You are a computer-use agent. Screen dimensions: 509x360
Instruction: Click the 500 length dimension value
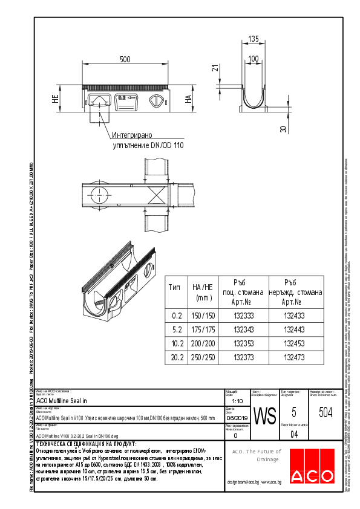[x=125, y=60]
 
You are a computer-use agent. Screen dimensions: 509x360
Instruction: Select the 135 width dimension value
[x=254, y=39]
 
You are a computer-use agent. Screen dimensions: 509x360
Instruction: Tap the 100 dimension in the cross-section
[x=254, y=59]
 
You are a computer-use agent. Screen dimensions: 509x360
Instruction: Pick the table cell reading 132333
[x=238, y=316]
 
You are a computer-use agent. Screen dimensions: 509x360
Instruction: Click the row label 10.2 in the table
[x=176, y=343]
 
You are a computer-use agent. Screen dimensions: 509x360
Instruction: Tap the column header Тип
[x=174, y=287]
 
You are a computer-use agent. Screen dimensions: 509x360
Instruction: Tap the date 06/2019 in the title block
[x=235, y=418]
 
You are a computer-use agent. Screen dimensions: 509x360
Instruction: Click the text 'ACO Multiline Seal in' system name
[x=62, y=400]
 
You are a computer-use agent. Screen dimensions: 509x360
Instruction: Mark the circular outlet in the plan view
[x=99, y=195]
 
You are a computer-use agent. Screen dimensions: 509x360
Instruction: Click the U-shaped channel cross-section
[x=254, y=91]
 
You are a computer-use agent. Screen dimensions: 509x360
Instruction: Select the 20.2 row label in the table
[x=176, y=357]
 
